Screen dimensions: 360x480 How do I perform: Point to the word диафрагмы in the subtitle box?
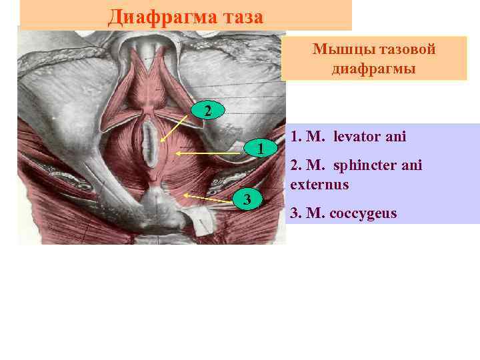coord(374,69)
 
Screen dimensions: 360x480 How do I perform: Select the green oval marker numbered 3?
coord(247,199)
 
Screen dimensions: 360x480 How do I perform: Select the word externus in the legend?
coord(319,184)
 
